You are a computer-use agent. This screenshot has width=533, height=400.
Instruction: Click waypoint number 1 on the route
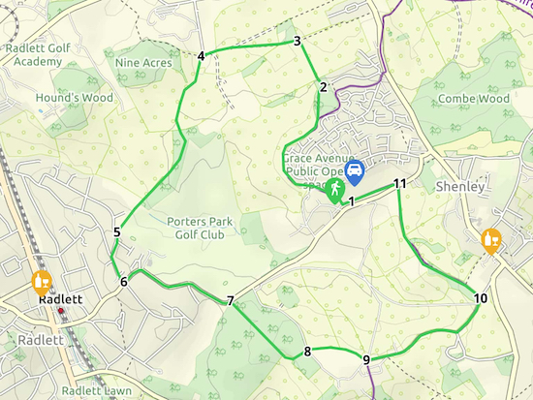point(351,201)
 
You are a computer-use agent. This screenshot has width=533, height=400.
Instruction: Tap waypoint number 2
point(322,88)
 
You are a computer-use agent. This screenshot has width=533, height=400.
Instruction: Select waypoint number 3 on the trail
point(297,41)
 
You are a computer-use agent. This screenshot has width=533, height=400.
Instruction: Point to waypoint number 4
point(201,55)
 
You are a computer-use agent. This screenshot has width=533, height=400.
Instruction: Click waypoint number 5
point(116,231)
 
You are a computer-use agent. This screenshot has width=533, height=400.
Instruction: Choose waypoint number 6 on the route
point(123,282)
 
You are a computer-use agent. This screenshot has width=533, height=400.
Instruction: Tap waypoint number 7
point(231,301)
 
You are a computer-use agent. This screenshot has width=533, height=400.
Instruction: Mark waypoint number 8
point(307,351)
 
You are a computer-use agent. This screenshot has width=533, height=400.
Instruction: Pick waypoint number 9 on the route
point(366,360)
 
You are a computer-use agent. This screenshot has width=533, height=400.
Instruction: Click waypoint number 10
point(481,298)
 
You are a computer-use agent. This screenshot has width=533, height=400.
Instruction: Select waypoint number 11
point(399,184)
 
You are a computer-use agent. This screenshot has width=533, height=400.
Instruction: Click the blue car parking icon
point(355,172)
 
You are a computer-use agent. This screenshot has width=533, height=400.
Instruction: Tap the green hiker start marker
point(334,188)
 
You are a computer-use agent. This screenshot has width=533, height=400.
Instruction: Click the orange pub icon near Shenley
point(493,239)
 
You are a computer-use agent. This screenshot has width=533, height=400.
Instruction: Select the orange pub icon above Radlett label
point(41,282)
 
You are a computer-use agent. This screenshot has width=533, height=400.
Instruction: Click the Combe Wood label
point(473,99)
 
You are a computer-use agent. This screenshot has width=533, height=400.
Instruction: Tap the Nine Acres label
point(143,63)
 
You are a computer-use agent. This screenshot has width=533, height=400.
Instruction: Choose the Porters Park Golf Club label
point(201,227)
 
